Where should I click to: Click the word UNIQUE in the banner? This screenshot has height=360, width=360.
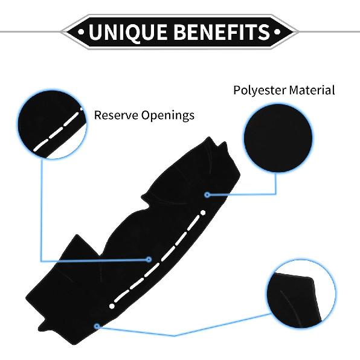tap(127, 32)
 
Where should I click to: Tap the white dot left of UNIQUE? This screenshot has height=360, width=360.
tap(81, 31)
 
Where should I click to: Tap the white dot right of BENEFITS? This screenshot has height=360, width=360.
tap(277, 31)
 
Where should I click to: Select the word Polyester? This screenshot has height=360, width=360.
tap(260, 90)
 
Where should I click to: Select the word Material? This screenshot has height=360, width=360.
tap(312, 90)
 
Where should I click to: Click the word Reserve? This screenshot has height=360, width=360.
tap(116, 115)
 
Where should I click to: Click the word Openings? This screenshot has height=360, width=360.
tap(168, 115)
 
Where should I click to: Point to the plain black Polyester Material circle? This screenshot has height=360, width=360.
tap(278, 138)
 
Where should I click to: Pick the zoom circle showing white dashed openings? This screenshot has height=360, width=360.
tap(53, 124)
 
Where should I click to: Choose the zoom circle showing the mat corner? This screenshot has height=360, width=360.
tap(301, 294)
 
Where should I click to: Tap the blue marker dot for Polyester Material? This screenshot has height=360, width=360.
tap(207, 195)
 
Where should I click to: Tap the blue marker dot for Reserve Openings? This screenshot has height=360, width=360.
tap(149, 260)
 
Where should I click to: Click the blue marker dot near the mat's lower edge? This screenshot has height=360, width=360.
tap(97, 326)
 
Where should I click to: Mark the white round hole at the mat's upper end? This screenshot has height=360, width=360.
tap(203, 213)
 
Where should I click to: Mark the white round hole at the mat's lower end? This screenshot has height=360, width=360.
tap(112, 306)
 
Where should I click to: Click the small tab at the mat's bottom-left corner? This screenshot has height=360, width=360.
tap(44, 326)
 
